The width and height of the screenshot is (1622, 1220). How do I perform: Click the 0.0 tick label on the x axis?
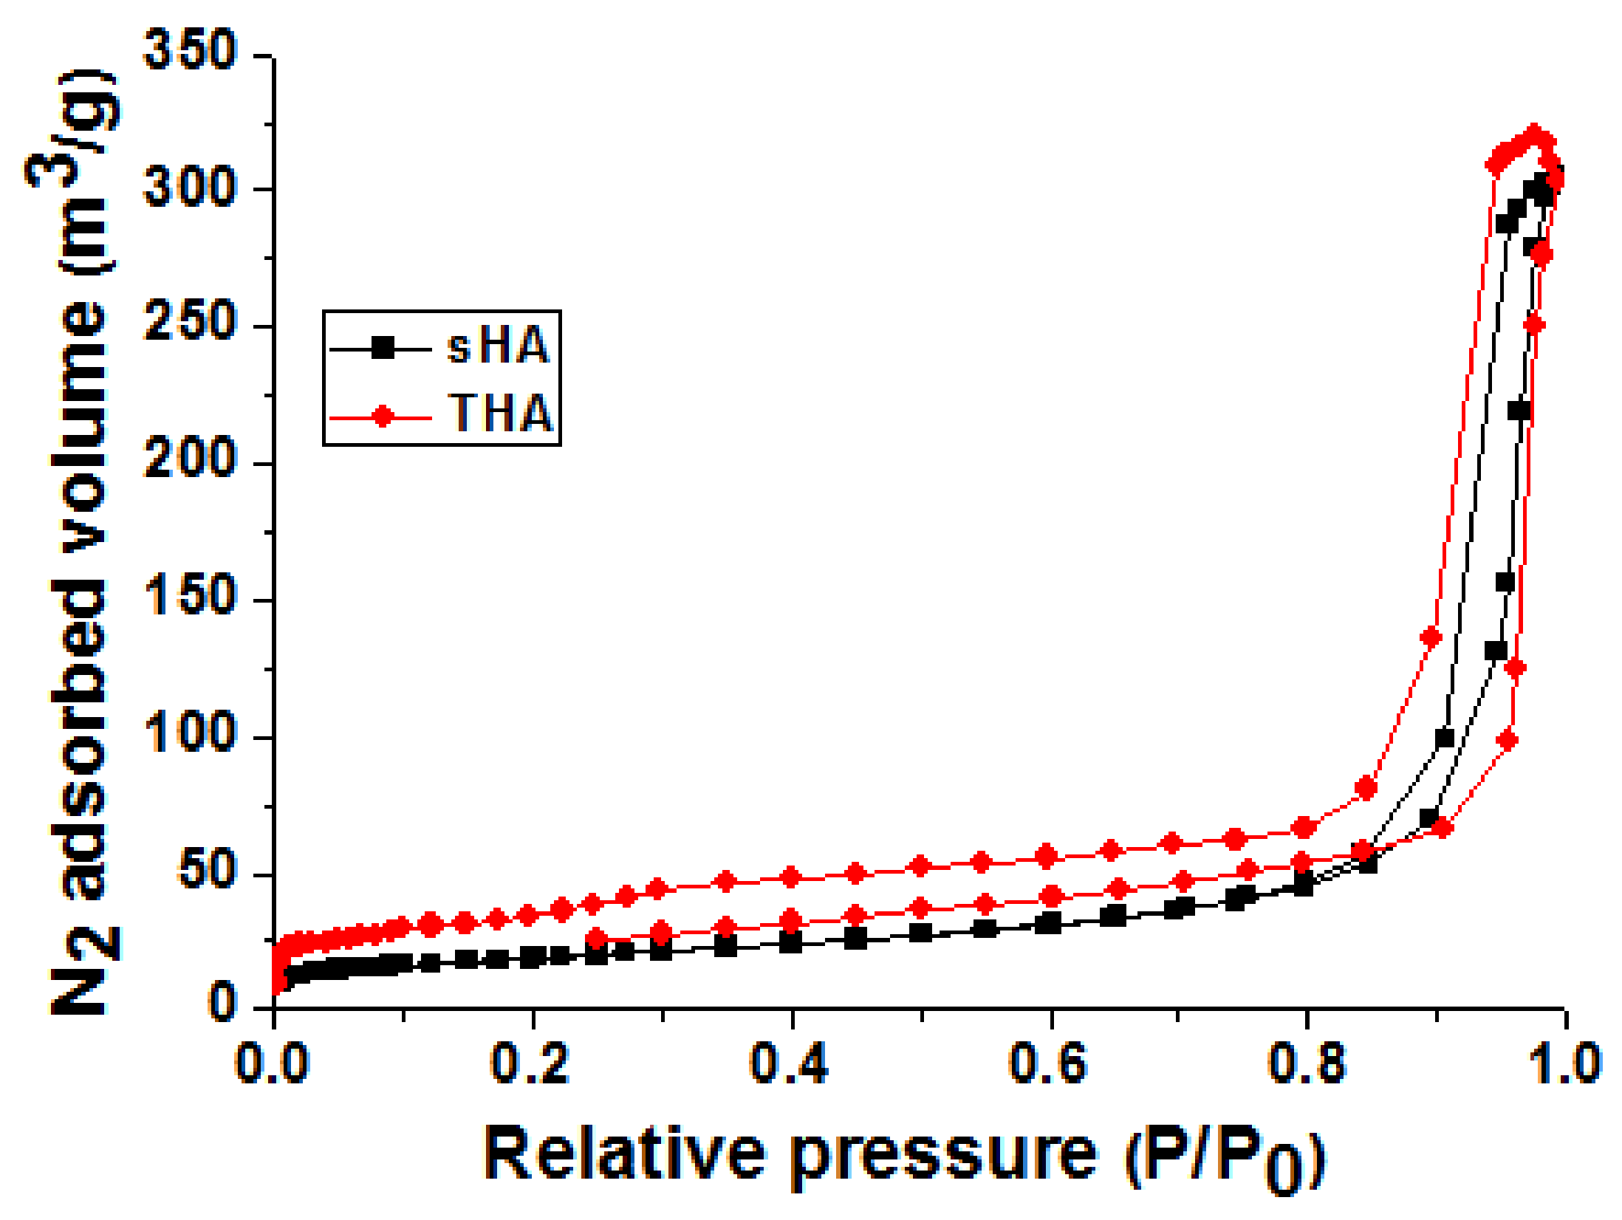click(271, 1063)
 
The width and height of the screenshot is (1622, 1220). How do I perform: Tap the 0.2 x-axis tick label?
click(530, 1063)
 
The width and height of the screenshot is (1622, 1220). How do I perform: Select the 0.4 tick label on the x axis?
click(790, 1063)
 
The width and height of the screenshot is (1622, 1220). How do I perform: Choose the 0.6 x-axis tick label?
click(1049, 1063)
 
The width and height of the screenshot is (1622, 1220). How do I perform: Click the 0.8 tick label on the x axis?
click(1307, 1063)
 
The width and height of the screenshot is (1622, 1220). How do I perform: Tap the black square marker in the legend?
click(383, 348)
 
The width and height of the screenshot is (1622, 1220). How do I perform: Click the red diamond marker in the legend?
click(383, 417)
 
